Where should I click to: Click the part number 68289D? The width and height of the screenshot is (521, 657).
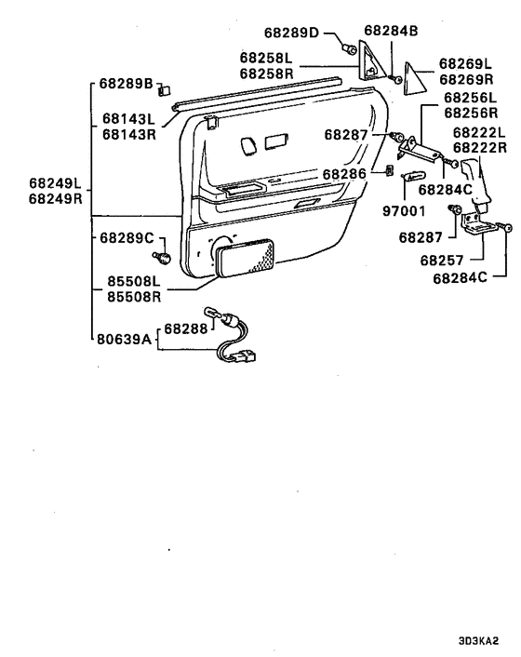tap(291, 33)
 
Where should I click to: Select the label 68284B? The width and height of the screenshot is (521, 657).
tap(391, 31)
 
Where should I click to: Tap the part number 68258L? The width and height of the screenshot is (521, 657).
tap(266, 58)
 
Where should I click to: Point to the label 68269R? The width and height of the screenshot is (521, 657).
tap(466, 79)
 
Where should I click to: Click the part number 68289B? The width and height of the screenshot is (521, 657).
tap(127, 84)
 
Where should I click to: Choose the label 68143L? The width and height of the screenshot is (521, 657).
tap(128, 119)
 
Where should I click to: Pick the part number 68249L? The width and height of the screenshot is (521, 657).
tap(55, 183)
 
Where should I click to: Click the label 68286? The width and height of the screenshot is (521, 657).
tap(344, 174)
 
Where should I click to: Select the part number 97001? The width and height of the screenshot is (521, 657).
tap(404, 210)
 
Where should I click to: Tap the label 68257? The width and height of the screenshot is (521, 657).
tap(442, 261)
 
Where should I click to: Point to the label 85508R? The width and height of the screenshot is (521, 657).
tap(134, 297)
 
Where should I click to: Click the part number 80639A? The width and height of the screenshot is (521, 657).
tap(124, 339)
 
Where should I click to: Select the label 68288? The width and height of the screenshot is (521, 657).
tap(185, 328)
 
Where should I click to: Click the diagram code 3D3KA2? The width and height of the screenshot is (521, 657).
tap(479, 641)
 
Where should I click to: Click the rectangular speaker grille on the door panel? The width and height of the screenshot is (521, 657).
tap(245, 258)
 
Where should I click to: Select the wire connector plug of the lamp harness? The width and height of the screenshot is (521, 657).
tap(245, 356)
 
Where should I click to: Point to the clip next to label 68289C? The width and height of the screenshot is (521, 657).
tap(162, 257)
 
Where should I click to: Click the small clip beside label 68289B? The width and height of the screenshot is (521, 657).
tap(164, 89)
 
